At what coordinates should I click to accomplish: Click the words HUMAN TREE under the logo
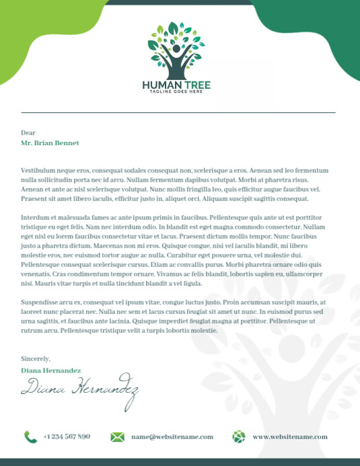pyautogui.click(x=176, y=85)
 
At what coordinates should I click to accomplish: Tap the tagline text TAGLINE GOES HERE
pyautogui.click(x=176, y=92)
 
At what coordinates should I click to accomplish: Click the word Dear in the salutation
pyautogui.click(x=28, y=133)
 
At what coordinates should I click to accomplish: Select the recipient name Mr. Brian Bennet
pyautogui.click(x=50, y=143)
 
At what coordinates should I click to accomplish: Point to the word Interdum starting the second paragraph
pyautogui.click(x=35, y=218)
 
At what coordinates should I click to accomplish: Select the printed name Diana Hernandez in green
pyautogui.click(x=51, y=371)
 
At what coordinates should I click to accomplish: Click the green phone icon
pyautogui.click(x=30, y=437)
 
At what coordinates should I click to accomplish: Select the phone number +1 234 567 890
pyautogui.click(x=67, y=437)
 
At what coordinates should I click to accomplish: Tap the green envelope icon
pyautogui.click(x=117, y=437)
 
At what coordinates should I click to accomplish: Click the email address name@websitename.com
pyautogui.click(x=172, y=437)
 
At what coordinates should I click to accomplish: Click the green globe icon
pyautogui.click(x=239, y=437)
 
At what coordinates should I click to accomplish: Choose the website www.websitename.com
pyautogui.click(x=290, y=437)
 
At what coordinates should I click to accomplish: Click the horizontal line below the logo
pyautogui.click(x=178, y=112)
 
